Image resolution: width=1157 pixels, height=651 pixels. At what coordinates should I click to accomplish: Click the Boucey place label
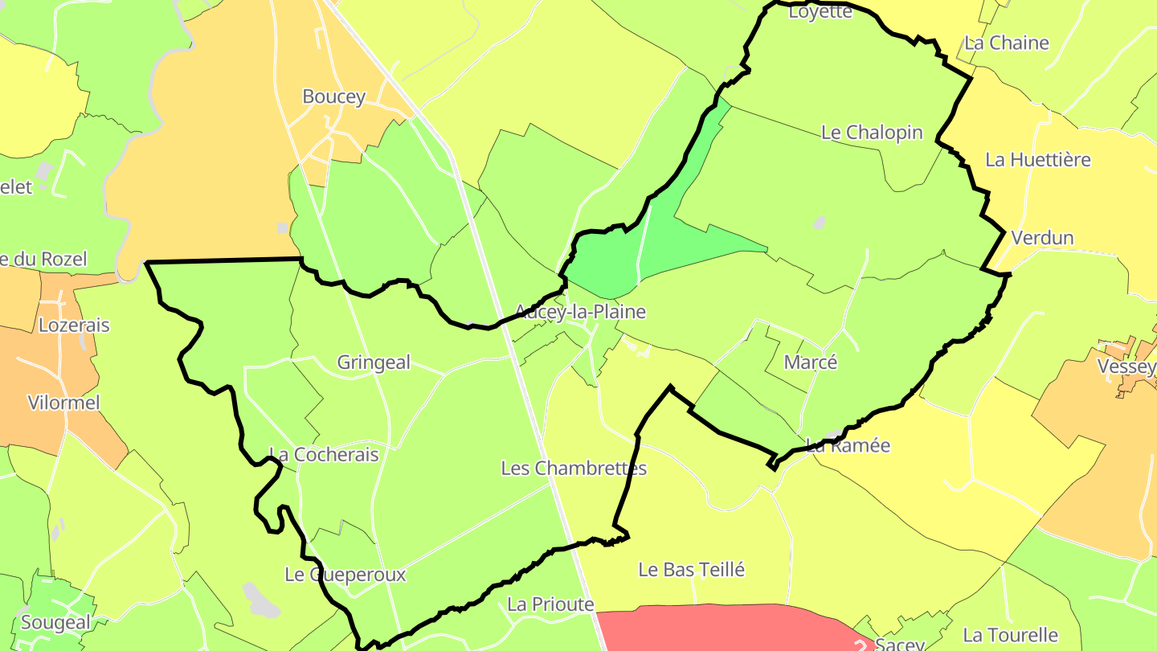333,96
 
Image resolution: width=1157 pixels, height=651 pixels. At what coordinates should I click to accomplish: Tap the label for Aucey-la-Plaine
580,311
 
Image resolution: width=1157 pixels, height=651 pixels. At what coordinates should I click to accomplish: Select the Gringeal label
374,362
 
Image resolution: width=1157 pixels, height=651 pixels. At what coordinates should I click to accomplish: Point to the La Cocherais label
324,454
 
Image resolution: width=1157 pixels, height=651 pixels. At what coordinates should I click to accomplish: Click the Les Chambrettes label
574,468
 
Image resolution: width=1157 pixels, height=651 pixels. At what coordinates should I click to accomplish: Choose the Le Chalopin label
872,132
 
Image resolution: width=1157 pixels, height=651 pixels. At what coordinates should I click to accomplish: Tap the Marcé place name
811,362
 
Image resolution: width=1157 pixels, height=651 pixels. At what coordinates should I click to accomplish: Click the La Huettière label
1038,159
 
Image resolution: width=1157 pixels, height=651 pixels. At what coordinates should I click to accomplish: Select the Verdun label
1043,238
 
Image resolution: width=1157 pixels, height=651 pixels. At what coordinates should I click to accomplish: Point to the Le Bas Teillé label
692,570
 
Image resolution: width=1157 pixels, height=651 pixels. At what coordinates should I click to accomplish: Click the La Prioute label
550,604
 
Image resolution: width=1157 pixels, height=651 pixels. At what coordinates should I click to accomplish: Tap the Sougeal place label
55,622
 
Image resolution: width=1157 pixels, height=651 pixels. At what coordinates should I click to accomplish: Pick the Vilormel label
64,403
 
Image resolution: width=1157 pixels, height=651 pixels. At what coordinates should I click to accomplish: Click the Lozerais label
74,325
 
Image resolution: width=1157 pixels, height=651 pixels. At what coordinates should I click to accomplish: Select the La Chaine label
1007,43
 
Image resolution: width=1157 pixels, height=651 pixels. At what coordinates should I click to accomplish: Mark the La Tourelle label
1011,635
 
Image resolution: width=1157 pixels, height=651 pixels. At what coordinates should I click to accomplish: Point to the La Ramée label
848,445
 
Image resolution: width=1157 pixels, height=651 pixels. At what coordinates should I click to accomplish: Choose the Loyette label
820,11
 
